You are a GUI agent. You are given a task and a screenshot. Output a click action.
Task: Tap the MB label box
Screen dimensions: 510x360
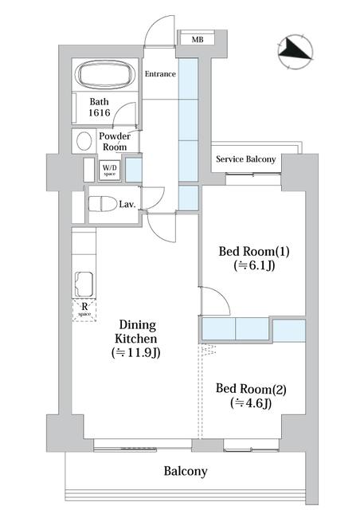(194, 39)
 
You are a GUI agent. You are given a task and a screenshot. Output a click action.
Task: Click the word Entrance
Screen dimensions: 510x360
(160, 74)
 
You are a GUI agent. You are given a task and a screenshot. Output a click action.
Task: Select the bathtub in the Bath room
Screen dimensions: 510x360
(106, 76)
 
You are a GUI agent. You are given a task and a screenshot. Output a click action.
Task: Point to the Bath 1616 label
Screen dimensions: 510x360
(100, 108)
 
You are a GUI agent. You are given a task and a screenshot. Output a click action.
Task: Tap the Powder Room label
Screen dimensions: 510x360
(115, 142)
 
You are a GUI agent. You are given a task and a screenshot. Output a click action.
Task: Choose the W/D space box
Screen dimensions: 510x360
(109, 171)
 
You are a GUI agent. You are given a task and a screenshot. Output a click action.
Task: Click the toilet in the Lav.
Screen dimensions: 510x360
(101, 203)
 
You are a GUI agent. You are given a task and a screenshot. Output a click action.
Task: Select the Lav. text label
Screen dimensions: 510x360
(127, 205)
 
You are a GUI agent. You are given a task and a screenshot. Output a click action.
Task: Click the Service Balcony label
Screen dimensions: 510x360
(246, 159)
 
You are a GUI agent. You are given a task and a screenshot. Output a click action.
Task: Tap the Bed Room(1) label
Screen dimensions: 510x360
(254, 252)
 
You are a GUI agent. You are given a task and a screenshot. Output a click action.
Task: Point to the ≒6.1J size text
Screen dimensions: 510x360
(254, 267)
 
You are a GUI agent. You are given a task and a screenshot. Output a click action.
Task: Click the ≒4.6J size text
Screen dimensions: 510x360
(251, 403)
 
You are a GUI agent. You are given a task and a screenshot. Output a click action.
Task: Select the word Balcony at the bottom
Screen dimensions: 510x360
(186, 471)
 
